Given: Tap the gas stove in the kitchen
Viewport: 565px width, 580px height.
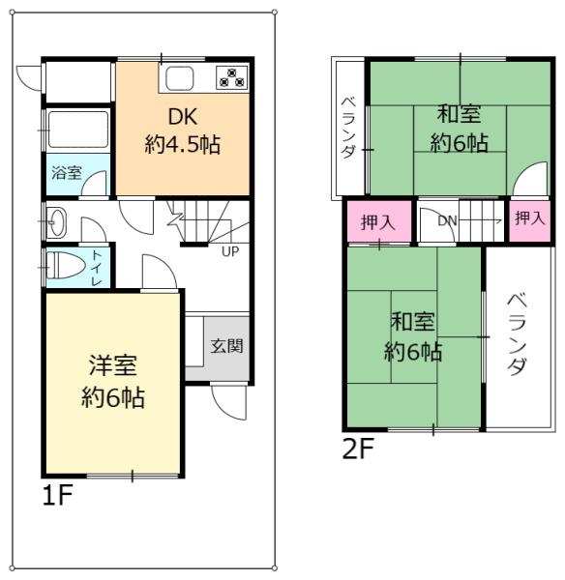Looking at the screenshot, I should point(232,77).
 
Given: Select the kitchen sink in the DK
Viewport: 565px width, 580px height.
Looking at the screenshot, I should point(179,78).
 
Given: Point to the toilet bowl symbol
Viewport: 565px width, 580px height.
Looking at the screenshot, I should point(62,265).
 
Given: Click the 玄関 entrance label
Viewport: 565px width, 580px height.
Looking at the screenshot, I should point(227,345).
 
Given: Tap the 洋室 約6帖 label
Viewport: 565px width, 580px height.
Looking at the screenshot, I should point(112,381).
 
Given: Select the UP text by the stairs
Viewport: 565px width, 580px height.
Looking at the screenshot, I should point(230,253).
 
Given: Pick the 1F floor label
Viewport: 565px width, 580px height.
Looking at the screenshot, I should point(58,497).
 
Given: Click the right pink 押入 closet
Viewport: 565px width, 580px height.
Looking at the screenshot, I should point(528,218).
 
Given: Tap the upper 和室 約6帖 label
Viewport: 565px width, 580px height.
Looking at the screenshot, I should point(459,129).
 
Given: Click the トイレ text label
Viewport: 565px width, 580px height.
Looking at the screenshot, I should point(98,264).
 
